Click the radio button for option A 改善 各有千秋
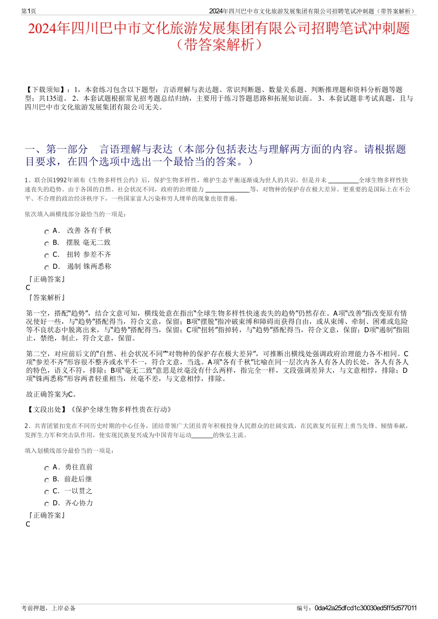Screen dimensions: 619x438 [x=47, y=232]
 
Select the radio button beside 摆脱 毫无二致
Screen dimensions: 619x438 [x=47, y=244]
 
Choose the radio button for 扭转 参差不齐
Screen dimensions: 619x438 [x=47, y=256]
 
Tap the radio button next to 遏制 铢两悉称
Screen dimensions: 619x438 [x=47, y=268]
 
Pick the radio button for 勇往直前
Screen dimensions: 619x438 [x=47, y=469]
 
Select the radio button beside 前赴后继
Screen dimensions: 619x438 [x=47, y=480]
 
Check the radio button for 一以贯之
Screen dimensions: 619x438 [x=47, y=492]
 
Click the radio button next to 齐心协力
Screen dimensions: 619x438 [x=47, y=504]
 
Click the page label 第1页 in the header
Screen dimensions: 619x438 [x=29, y=11]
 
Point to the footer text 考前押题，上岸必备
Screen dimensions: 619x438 [x=48, y=608]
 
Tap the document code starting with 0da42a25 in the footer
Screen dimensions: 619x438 [x=366, y=608]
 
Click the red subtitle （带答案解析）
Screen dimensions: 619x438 [x=219, y=45]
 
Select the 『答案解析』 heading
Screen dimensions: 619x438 [x=46, y=298]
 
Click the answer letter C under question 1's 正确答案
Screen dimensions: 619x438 [x=28, y=288]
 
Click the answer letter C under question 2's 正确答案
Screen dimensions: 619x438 [x=28, y=524]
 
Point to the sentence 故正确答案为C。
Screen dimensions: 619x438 [x=51, y=394]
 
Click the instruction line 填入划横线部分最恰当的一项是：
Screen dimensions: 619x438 [x=70, y=451]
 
